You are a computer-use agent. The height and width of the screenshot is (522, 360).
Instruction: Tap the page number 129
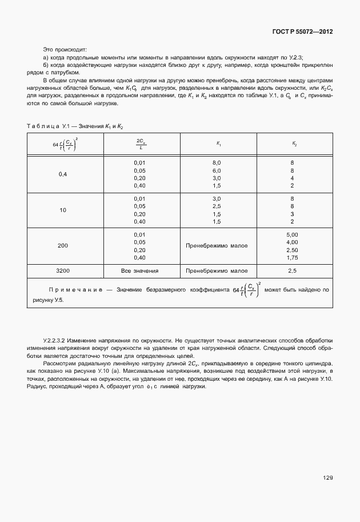click(x=327, y=477)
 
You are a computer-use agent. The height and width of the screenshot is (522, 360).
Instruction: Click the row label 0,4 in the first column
click(x=63, y=174)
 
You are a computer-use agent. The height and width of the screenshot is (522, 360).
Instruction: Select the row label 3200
click(x=63, y=270)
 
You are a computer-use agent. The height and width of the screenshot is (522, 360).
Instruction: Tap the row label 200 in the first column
click(x=63, y=246)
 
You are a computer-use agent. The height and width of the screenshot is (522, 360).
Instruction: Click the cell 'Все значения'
click(x=139, y=270)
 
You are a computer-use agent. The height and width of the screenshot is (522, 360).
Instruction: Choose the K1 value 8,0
click(x=217, y=163)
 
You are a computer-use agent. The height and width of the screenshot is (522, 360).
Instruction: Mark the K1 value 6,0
click(x=217, y=170)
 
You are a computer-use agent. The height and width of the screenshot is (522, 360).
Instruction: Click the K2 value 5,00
click(x=292, y=234)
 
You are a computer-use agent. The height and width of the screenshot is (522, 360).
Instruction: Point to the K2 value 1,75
click(x=292, y=257)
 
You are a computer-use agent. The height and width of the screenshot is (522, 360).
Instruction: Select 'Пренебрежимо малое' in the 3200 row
click(x=217, y=270)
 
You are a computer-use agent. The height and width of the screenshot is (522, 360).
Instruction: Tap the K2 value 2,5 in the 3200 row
click(x=292, y=270)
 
